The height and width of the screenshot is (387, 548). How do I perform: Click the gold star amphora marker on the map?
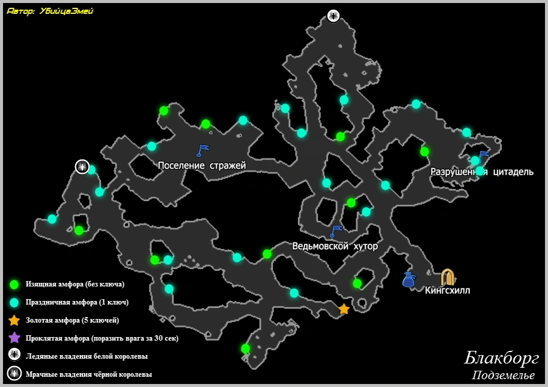click(x=344, y=309)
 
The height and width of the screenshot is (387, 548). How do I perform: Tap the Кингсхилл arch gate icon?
click(x=448, y=277)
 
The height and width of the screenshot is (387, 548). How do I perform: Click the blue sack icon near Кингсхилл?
click(x=409, y=279)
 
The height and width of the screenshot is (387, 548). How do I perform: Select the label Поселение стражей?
click(x=202, y=166)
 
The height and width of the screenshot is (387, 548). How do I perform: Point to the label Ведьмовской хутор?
click(x=335, y=246)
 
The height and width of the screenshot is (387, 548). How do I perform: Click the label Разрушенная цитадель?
click(x=482, y=172)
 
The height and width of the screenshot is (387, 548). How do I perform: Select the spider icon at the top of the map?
click(x=333, y=16)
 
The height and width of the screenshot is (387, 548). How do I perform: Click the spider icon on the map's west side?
click(x=82, y=166)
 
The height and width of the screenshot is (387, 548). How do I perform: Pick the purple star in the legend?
click(x=14, y=338)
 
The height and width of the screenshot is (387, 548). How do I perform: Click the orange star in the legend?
click(x=14, y=320)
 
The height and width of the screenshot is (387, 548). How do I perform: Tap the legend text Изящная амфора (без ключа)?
click(x=75, y=284)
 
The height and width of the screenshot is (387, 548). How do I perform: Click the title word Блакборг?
click(x=501, y=358)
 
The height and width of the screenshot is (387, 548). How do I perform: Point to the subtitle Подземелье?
click(x=503, y=376)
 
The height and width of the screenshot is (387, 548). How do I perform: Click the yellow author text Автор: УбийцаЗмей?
click(x=50, y=11)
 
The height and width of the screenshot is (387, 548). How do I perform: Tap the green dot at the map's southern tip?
click(x=245, y=348)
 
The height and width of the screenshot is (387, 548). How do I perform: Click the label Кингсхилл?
click(x=448, y=291)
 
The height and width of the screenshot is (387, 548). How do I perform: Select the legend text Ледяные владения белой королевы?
click(x=87, y=356)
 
